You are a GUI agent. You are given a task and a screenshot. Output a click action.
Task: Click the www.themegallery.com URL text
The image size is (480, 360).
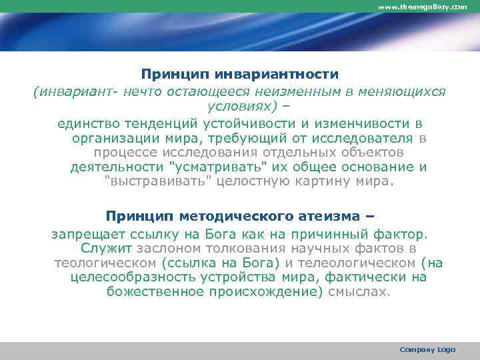tap(423, 6)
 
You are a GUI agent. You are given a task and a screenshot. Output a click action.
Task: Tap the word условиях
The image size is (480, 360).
tap(239, 107)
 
